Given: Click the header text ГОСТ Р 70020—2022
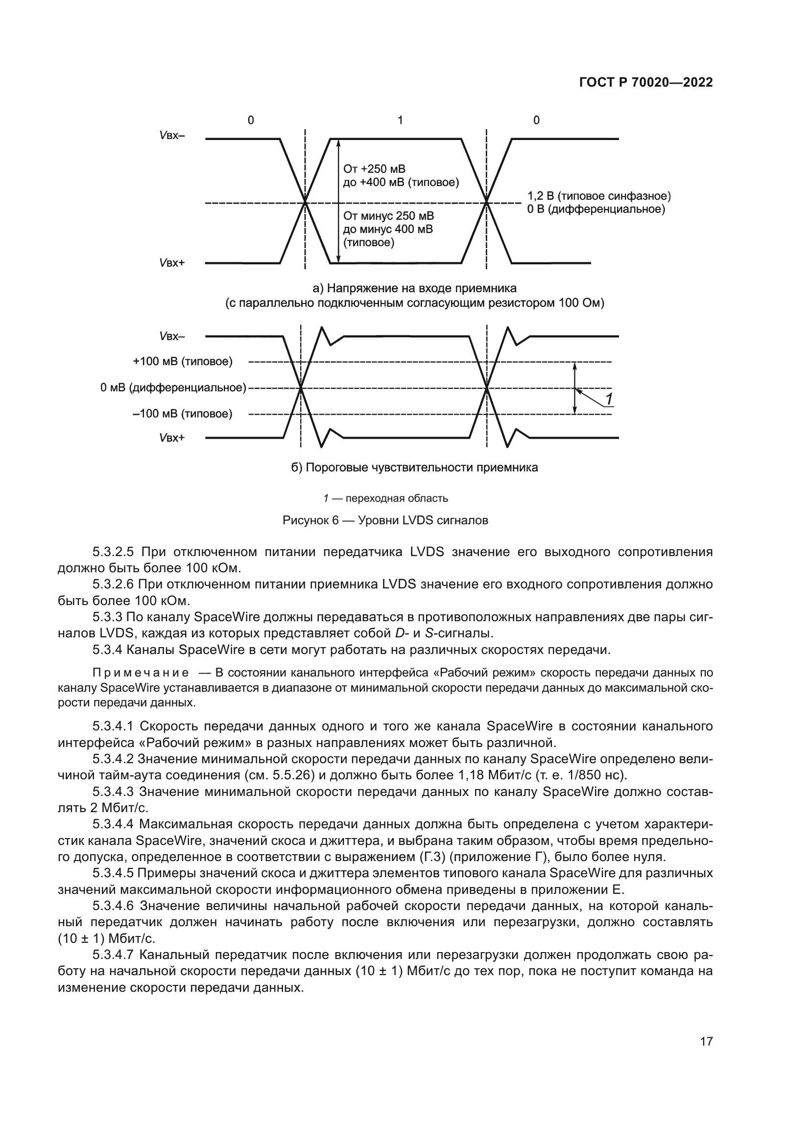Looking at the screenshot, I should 645,83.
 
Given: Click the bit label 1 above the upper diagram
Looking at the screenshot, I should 400,120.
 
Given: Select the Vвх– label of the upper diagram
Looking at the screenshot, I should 171,135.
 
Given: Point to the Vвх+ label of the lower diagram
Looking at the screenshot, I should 171,438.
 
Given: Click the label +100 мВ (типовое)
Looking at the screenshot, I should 183,361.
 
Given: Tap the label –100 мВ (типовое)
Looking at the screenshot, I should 183,414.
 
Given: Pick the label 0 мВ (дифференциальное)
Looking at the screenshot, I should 173,388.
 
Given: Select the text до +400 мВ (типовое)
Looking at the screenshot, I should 401,182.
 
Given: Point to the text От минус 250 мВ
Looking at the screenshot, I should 388,216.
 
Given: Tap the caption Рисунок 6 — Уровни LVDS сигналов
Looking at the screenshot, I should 385,521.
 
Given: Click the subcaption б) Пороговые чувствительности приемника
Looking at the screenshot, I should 414,467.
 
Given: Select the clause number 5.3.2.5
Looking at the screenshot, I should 113,552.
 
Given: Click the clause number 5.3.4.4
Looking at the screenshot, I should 114,824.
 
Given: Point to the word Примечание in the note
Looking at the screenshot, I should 140,673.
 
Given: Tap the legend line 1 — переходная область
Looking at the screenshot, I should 385,498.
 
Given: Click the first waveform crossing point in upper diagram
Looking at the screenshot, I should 305,203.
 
